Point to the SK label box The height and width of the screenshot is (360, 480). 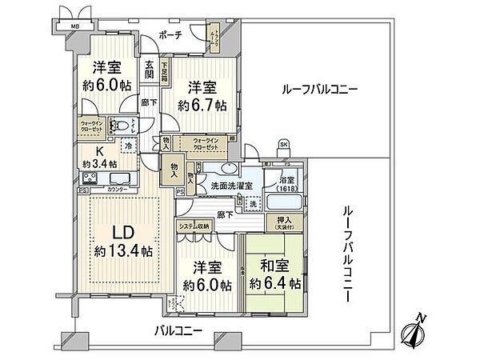(283, 144)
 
